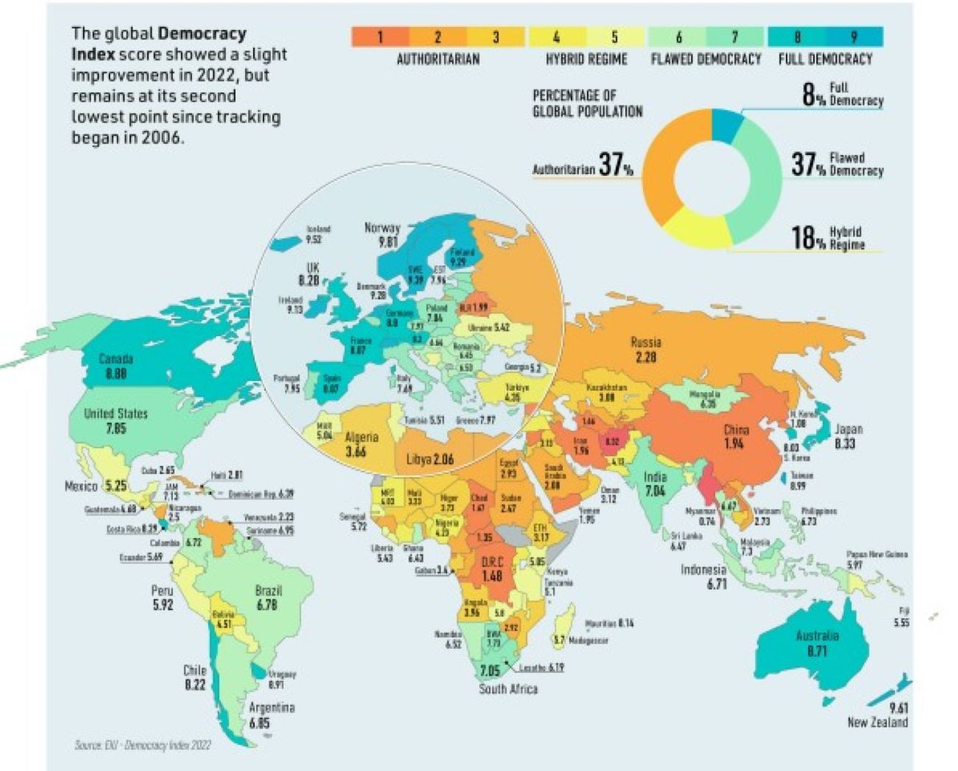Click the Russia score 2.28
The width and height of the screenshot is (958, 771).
646,357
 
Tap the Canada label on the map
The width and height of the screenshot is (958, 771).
116,359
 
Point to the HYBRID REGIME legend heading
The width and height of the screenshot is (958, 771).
586,59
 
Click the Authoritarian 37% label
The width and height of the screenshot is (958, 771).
583,167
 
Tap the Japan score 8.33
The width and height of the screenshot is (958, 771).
845,442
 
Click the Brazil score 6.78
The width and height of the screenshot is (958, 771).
267,605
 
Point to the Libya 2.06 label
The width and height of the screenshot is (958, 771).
430,459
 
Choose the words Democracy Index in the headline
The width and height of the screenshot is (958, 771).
159,44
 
